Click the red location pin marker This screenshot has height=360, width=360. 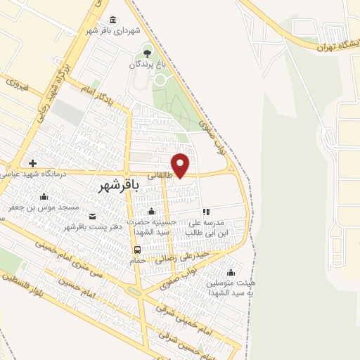[x=181, y=164]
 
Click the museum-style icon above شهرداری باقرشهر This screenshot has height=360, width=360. [x=113, y=19]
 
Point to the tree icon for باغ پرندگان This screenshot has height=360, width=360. [x=147, y=51]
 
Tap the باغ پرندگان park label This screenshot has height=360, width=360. [x=147, y=64]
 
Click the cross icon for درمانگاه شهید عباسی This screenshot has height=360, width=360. [x=32, y=163]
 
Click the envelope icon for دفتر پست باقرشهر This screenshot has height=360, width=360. [x=94, y=215]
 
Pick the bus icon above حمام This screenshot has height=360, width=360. [x=137, y=249]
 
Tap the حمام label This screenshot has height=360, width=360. [x=137, y=260]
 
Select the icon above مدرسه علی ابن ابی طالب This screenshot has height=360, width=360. [x=206, y=211]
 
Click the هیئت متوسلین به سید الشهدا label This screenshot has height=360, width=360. [x=231, y=286]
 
